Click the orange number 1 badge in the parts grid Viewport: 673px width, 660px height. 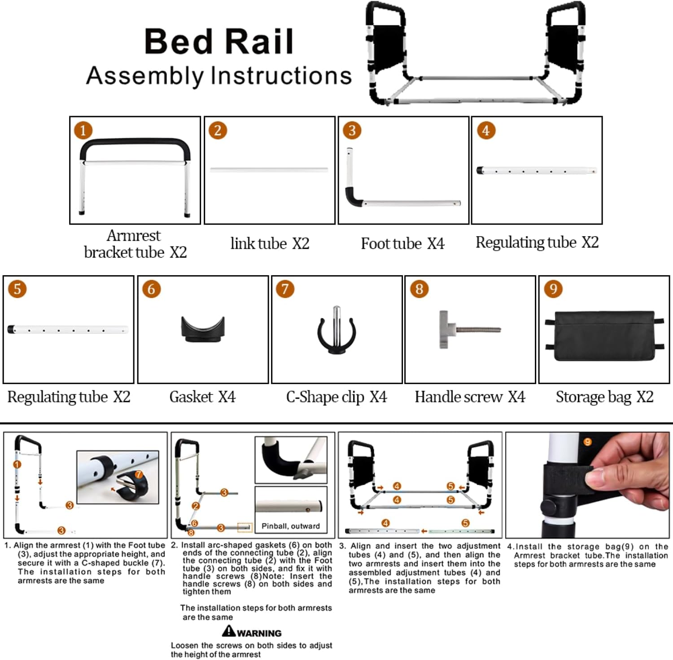83,130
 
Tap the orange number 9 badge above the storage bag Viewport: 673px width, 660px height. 553,289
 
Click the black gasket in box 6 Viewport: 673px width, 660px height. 203,329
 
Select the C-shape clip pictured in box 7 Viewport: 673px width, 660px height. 336,332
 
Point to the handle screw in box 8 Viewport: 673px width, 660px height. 469,329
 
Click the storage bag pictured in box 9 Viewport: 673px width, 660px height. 604,335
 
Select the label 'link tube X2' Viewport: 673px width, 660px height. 270,244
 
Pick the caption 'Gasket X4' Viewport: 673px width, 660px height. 202,397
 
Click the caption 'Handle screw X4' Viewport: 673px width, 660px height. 470,397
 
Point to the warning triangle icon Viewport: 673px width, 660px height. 229,631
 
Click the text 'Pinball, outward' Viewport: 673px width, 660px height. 291,526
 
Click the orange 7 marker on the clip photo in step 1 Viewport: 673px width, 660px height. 139,475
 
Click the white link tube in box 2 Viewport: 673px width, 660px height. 269,170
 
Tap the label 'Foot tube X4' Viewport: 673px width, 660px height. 402,244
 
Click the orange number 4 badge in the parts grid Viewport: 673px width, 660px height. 486,130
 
